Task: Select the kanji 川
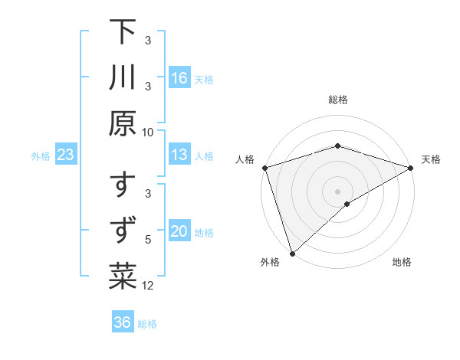coord(123,79)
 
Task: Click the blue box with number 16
coord(179,78)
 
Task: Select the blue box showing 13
coord(179,155)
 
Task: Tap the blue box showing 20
coord(179,232)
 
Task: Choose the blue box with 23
coord(66,155)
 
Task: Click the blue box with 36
coord(123,322)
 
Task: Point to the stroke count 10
coord(148,132)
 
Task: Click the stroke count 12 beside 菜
coord(149,286)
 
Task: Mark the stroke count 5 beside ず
coord(149,239)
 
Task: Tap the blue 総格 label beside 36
coord(147,324)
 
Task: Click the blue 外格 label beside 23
coord(41,156)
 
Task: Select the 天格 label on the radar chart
coord(431,159)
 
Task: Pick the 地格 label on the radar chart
coord(402,263)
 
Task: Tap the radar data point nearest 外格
coord(292,254)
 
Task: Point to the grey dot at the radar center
coord(338,191)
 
